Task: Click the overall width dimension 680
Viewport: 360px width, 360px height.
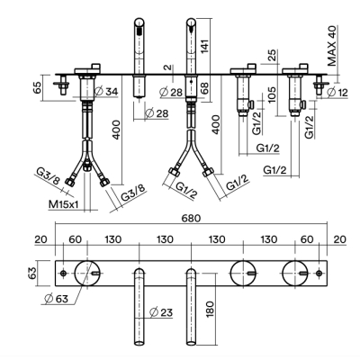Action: click(x=191, y=219)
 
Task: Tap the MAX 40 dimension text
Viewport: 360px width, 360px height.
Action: click(x=332, y=46)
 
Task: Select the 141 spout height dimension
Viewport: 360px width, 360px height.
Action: click(x=205, y=44)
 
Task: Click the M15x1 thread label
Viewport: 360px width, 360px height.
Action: click(x=64, y=204)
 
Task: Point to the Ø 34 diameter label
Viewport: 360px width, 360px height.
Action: click(x=106, y=92)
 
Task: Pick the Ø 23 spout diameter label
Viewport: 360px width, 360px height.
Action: click(x=161, y=312)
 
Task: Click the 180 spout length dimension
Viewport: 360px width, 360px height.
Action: click(x=210, y=310)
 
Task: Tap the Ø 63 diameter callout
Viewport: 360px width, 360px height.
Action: click(x=56, y=298)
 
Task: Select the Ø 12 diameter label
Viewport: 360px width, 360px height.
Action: click(x=337, y=93)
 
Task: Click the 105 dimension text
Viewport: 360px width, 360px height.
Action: click(x=272, y=94)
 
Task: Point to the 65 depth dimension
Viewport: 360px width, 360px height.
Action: click(x=37, y=88)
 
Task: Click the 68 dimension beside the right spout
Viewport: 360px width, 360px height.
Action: click(x=205, y=87)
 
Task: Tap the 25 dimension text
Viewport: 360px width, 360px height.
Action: click(x=272, y=55)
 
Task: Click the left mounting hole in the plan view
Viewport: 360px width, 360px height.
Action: click(x=63, y=274)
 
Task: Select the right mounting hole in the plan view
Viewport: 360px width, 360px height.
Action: click(x=319, y=274)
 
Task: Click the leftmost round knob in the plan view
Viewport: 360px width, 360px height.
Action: click(x=86, y=273)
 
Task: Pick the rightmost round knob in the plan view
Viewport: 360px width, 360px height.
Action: click(x=295, y=273)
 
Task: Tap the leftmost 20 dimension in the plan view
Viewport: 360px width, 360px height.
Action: click(x=40, y=239)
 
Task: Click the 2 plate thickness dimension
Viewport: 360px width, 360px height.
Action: click(x=169, y=67)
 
